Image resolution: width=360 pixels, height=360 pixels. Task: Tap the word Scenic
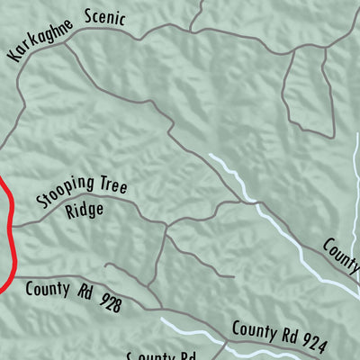click(x=105, y=18)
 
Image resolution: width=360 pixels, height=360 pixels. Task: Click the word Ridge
click(x=85, y=211)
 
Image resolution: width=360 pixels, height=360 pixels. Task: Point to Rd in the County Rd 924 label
click(x=286, y=335)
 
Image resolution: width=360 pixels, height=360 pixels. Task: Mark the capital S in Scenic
click(x=89, y=16)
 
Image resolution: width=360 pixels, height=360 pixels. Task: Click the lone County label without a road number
click(x=342, y=251)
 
